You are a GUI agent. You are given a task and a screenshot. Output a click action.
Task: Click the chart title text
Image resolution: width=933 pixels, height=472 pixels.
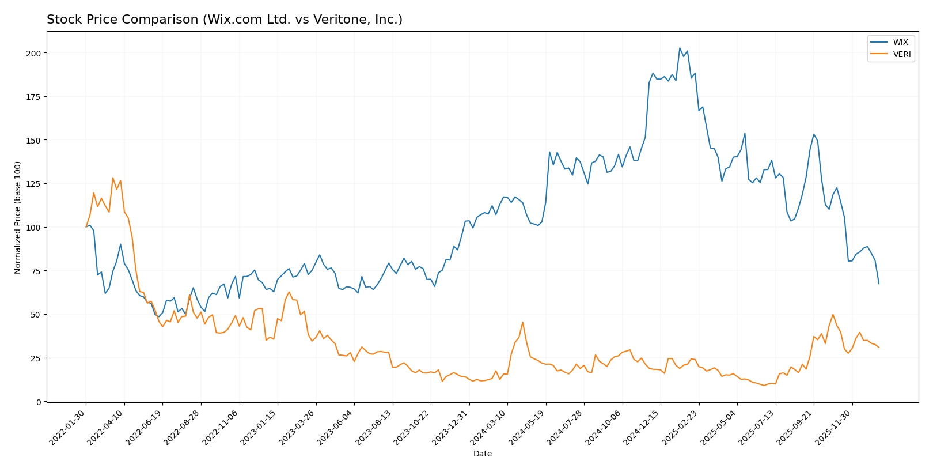(225, 20)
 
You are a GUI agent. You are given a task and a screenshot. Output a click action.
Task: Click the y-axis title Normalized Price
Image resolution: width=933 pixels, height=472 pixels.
(18, 217)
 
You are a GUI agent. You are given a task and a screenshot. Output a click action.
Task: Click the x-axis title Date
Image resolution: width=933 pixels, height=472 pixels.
(482, 454)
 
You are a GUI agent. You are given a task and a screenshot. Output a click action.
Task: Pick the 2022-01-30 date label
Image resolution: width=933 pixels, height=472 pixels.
(68, 427)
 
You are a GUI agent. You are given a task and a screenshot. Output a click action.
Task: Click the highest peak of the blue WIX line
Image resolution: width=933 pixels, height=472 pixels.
(680, 48)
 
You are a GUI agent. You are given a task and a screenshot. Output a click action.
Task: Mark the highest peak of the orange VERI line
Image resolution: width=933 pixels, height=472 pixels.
(113, 178)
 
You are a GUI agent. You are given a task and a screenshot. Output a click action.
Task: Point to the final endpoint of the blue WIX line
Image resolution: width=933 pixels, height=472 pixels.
(879, 284)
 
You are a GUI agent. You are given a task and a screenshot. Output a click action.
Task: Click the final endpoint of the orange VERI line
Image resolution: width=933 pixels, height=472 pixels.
(879, 348)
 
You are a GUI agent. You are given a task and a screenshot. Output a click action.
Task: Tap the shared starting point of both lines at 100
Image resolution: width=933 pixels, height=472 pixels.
(86, 227)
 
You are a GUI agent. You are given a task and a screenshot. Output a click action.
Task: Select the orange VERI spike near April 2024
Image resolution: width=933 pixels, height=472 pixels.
(522, 322)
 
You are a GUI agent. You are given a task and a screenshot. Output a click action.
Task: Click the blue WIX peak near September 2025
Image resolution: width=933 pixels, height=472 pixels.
(814, 134)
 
